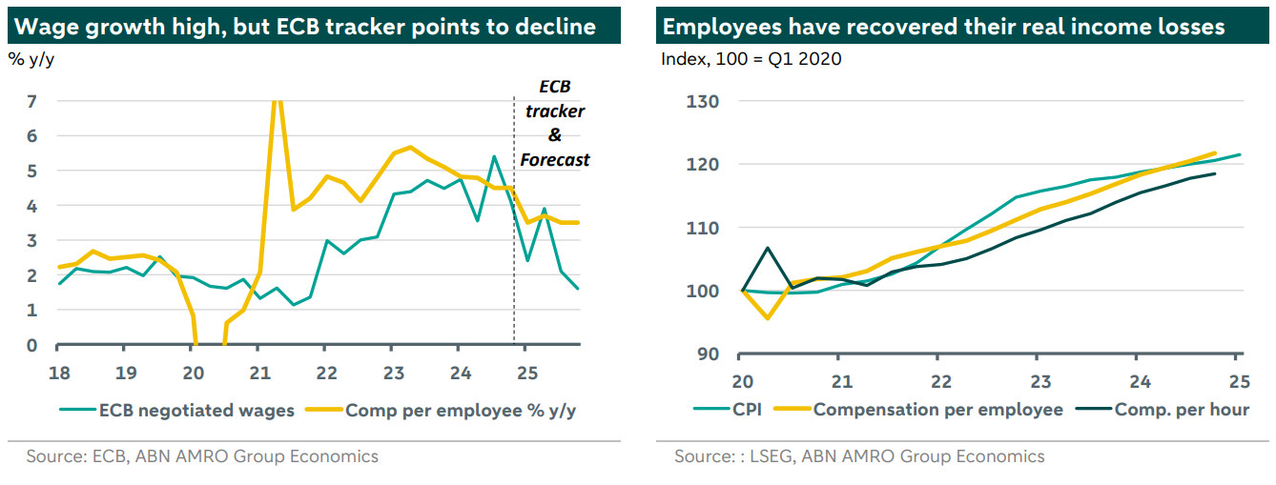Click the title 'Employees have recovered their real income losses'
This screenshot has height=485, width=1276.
pyautogui.click(x=943, y=27)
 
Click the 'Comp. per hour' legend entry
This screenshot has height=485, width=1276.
pyautogui.click(x=1183, y=410)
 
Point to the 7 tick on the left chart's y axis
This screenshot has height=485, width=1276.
pyautogui.click(x=31, y=101)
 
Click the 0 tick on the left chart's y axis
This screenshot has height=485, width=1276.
pyautogui.click(x=31, y=345)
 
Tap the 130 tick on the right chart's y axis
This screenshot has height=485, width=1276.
pyautogui.click(x=702, y=101)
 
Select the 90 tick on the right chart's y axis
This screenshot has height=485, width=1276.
pyautogui.click(x=707, y=354)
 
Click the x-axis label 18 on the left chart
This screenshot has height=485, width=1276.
pyautogui.click(x=57, y=371)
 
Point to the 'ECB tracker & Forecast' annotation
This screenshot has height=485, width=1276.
pyautogui.click(x=555, y=124)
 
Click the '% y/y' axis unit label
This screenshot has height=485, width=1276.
pyautogui.click(x=30, y=59)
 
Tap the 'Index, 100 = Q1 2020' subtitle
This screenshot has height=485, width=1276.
pyautogui.click(x=751, y=59)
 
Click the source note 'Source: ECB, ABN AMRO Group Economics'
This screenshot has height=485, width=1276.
pyautogui.click(x=202, y=456)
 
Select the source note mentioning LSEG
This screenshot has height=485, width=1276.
pyautogui.click(x=859, y=456)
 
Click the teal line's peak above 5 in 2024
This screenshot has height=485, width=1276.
pyautogui.click(x=493, y=156)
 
